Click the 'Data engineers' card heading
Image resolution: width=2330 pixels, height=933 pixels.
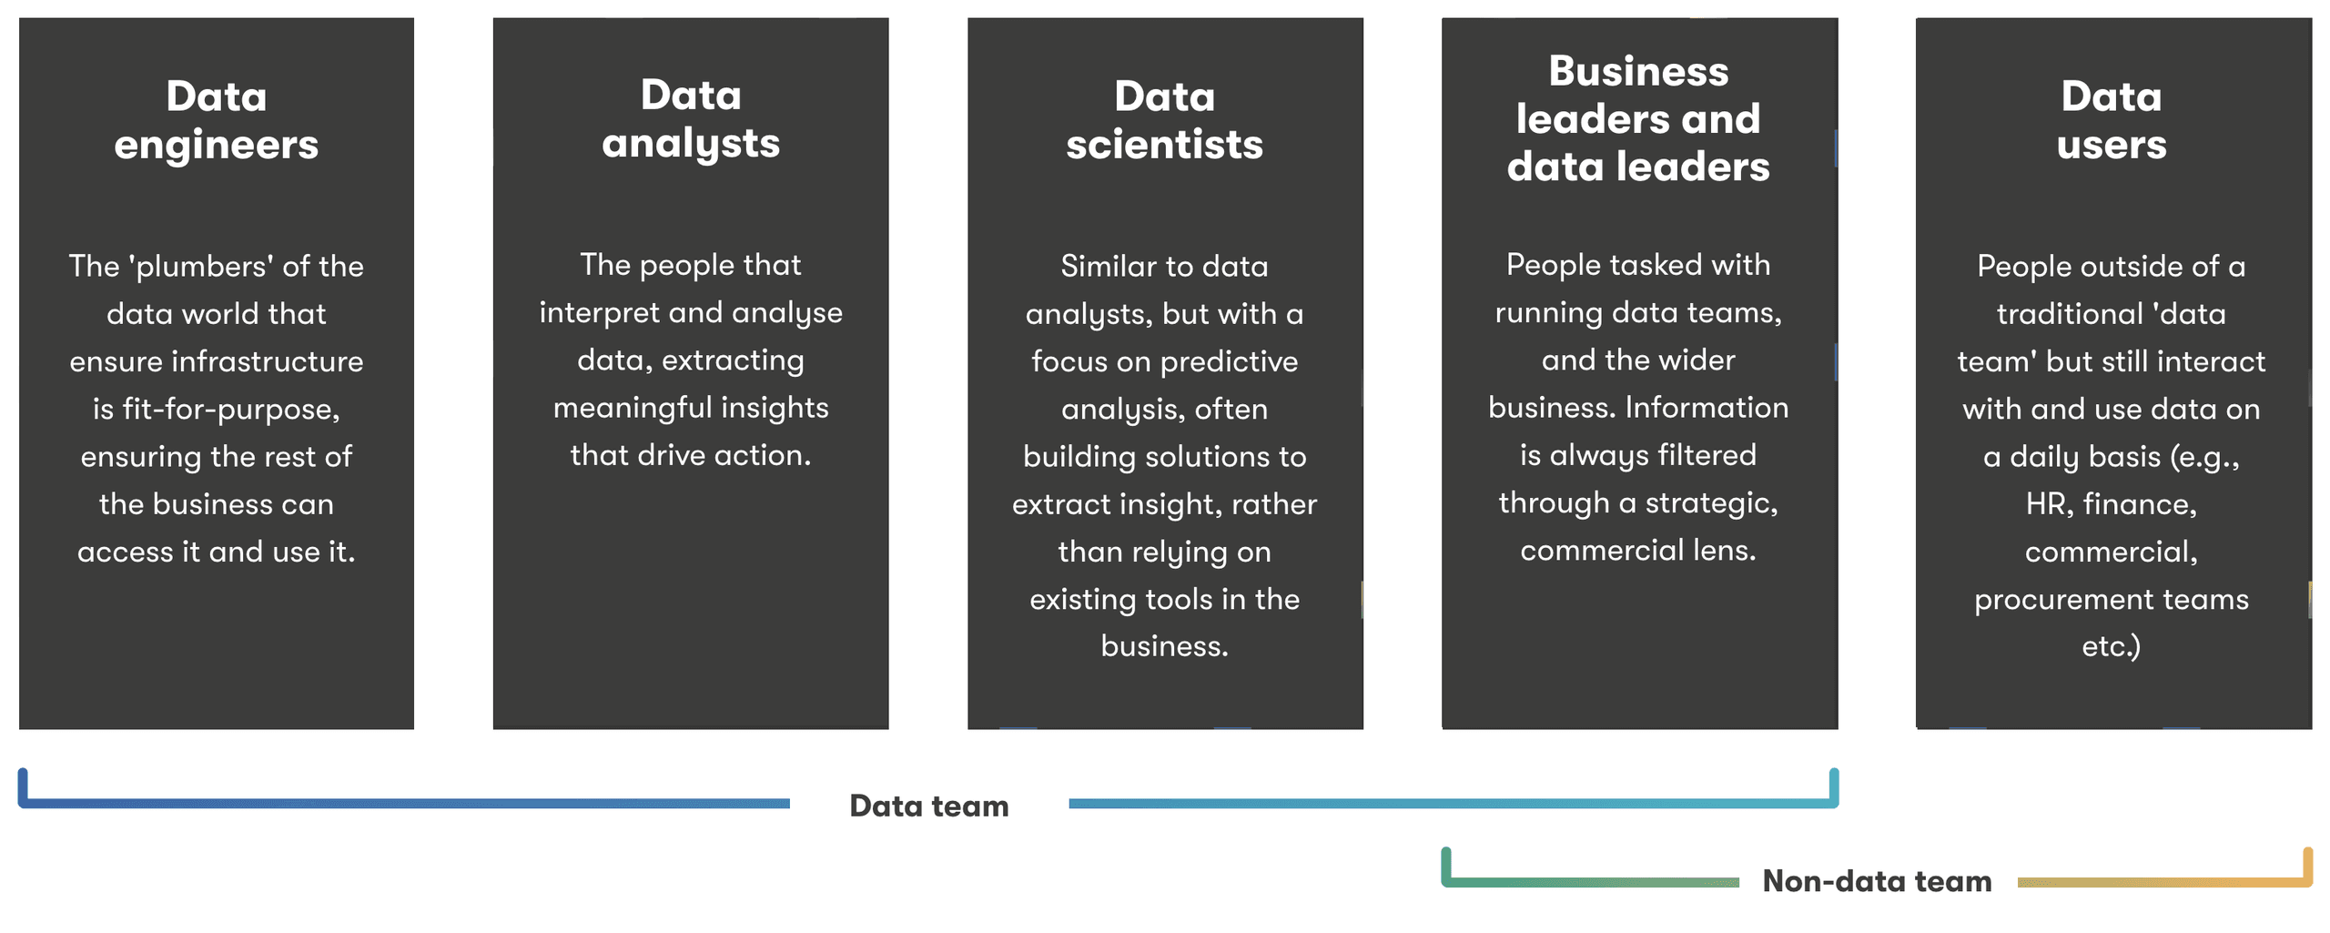pos(217,120)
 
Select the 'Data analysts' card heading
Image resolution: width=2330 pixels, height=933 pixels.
pos(691,119)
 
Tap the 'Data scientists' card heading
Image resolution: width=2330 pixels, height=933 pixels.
pos(1165,120)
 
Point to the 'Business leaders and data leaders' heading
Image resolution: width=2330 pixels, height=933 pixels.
pos(1638,118)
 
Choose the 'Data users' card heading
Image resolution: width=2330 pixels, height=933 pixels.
pos(2112,120)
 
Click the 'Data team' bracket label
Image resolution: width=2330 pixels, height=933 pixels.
pos(929,806)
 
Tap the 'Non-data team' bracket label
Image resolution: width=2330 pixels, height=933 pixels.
pos(1877,880)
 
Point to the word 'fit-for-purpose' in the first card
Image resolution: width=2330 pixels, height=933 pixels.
pos(231,410)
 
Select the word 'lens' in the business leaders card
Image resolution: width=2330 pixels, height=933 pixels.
pos(1725,550)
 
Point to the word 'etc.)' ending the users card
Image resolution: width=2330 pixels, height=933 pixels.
pos(2112,646)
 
